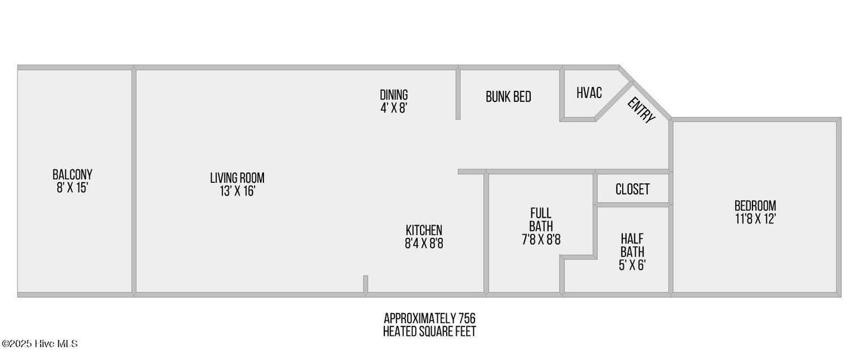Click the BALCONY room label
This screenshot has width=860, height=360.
pos(72,175)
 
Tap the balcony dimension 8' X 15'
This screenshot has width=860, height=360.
pos(72,187)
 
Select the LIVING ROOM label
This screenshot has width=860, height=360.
pos(237,178)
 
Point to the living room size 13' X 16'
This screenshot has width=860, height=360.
pos(237,191)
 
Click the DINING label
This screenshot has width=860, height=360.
pos(394,95)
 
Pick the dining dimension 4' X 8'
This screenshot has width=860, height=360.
pos(394,108)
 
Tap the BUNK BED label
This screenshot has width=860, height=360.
pos(509,97)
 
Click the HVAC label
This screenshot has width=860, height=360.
pos(589,93)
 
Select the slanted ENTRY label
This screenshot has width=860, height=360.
pos(641,111)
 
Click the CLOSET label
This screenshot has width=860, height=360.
pos(633,189)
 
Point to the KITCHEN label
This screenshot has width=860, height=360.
pos(424,230)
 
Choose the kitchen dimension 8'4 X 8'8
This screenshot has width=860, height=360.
pos(424,243)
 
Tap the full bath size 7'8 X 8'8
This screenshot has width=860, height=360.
pos(541,240)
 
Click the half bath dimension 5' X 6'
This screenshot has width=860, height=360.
pos(632,265)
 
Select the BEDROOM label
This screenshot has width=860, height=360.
pos(755,206)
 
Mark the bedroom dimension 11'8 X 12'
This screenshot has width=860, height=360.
pos(755,219)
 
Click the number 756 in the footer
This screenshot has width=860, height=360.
pos(467,318)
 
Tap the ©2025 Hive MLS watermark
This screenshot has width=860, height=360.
pos(40,343)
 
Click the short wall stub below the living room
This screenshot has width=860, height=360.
pos(365,284)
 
